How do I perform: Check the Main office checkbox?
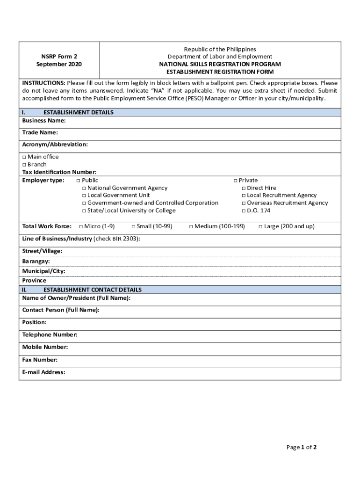pyautogui.click(x=24, y=157)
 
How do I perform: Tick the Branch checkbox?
pyautogui.click(x=24, y=165)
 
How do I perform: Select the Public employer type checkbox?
pyautogui.click(x=78, y=181)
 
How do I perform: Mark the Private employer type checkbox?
pyautogui.click(x=236, y=181)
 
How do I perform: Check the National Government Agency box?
pyautogui.click(x=84, y=188)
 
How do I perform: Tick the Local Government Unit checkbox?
pyautogui.click(x=84, y=196)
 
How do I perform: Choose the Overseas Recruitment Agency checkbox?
pyautogui.click(x=244, y=203)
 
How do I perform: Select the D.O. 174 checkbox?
pyautogui.click(x=244, y=211)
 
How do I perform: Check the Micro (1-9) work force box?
pyautogui.click(x=81, y=227)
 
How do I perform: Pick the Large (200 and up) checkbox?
pyautogui.click(x=260, y=227)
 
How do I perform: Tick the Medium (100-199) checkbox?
pyautogui.click(x=191, y=227)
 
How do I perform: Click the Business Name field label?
pyautogui.click(x=44, y=120)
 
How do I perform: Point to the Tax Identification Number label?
pyautogui.click(x=59, y=172)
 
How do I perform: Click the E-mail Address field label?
pyautogui.click(x=43, y=372)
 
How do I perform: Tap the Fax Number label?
pyautogui.click(x=40, y=360)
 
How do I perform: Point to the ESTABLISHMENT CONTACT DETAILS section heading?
pyautogui.click(x=92, y=290)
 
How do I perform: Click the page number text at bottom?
pyautogui.click(x=302, y=447)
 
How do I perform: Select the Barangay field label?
pyautogui.click(x=36, y=261)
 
